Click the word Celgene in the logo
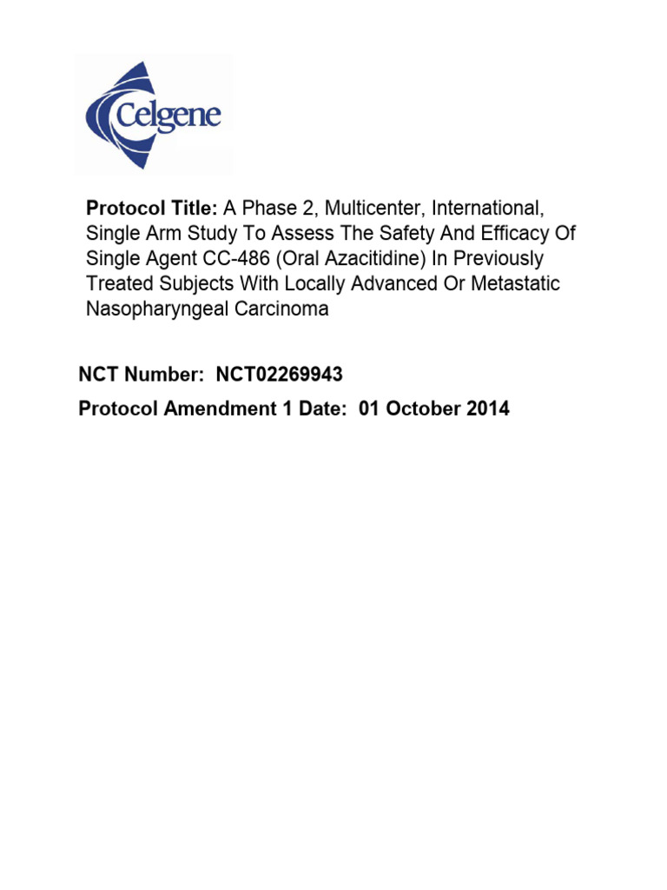(179, 116)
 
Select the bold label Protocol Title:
(151, 208)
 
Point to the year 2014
(485, 408)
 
